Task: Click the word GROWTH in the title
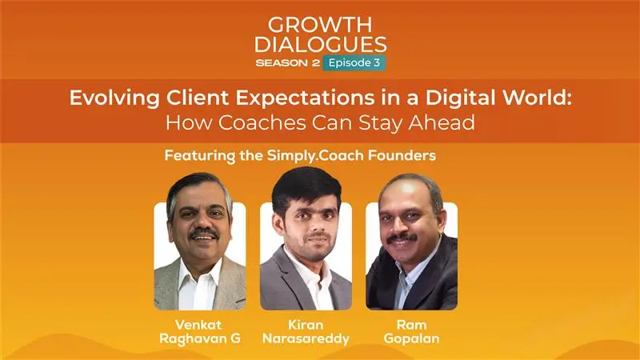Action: [320, 25]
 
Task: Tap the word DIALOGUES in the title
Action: [321, 44]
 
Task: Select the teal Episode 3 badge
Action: [354, 63]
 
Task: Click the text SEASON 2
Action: [287, 63]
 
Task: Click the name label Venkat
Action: [198, 325]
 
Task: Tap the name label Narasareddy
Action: [306, 338]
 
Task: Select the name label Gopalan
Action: [411, 338]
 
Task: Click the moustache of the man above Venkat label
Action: [204, 234]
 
